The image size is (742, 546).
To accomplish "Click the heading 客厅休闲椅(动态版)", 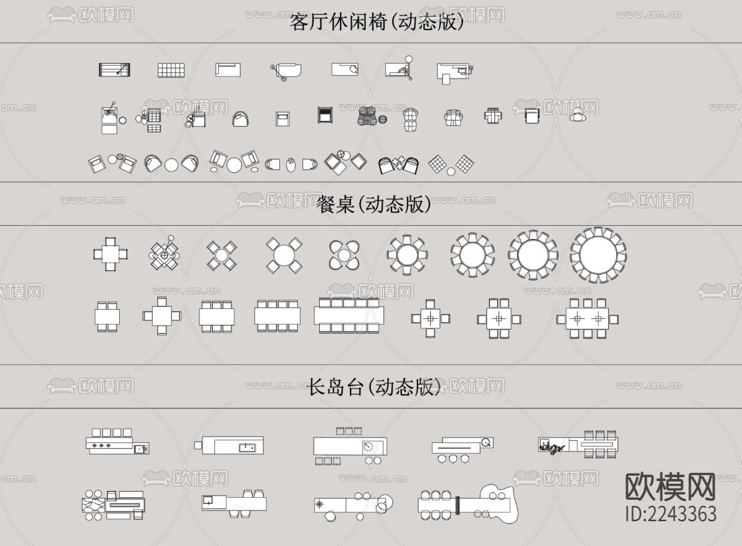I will (x=376, y=22).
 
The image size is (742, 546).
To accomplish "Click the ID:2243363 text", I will (x=670, y=514).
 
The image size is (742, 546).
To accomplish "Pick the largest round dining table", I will (x=598, y=255).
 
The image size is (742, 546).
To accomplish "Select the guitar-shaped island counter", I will (x=469, y=504).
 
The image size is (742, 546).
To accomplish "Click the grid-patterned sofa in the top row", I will (x=171, y=70).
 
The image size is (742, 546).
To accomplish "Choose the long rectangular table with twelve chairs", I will (x=349, y=316).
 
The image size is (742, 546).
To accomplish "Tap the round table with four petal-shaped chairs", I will (x=344, y=255).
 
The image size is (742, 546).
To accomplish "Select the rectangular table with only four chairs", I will (x=107, y=316).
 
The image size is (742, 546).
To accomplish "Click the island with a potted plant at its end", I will (x=579, y=444).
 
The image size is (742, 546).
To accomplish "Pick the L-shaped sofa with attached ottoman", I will (x=454, y=72).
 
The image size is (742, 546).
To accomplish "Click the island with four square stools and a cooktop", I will (x=116, y=441).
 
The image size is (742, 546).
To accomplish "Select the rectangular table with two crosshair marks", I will (x=587, y=319).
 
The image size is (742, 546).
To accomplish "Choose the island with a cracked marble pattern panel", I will (x=113, y=504).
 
